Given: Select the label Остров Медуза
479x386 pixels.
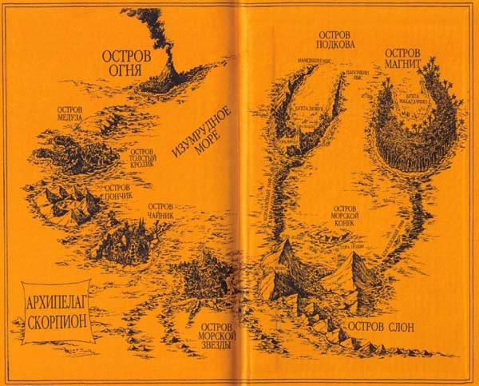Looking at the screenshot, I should [78, 115].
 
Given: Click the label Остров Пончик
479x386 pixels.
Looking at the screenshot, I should [116, 192].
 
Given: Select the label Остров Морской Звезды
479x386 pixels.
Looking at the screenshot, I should [216, 339].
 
